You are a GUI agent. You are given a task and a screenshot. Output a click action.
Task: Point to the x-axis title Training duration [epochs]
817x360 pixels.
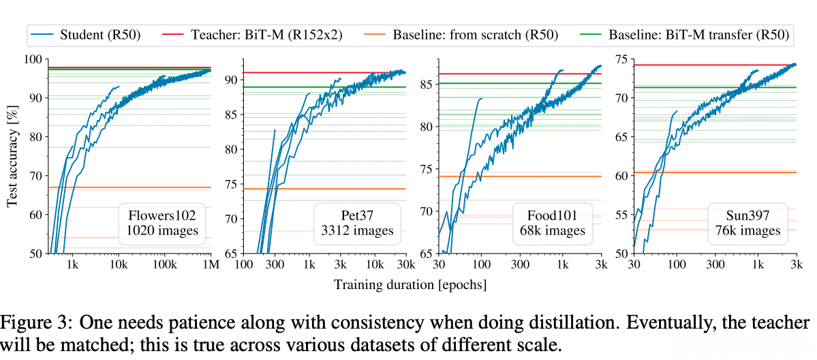pos(410,284)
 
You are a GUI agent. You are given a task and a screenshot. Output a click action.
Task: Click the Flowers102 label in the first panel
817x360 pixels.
pos(162,215)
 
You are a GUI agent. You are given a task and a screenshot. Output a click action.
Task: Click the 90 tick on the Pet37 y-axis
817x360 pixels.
pos(230,80)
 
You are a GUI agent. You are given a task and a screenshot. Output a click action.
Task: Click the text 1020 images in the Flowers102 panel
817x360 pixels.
pos(162,231)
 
